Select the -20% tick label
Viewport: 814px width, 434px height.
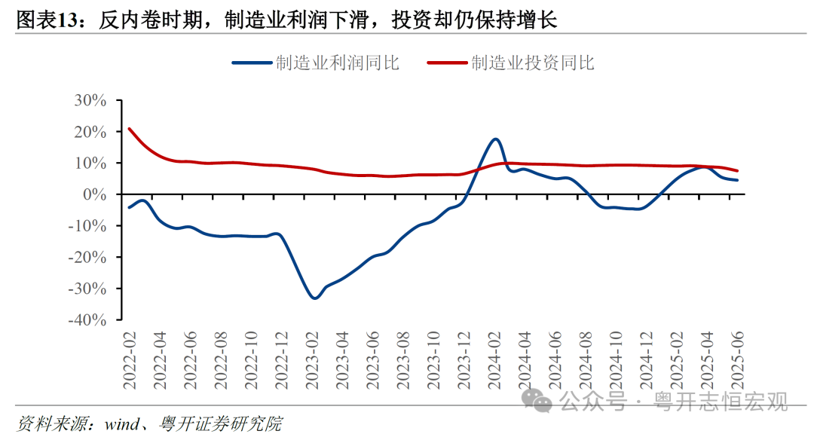coord(91,257)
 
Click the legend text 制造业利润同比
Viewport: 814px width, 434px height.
coord(338,63)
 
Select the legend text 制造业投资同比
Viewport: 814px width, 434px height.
coord(534,63)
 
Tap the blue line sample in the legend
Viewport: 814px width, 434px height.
coord(252,63)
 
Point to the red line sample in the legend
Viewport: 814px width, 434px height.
coord(448,63)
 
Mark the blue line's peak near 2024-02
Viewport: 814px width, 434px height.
coord(495,139)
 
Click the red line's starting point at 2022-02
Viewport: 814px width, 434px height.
coord(130,129)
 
